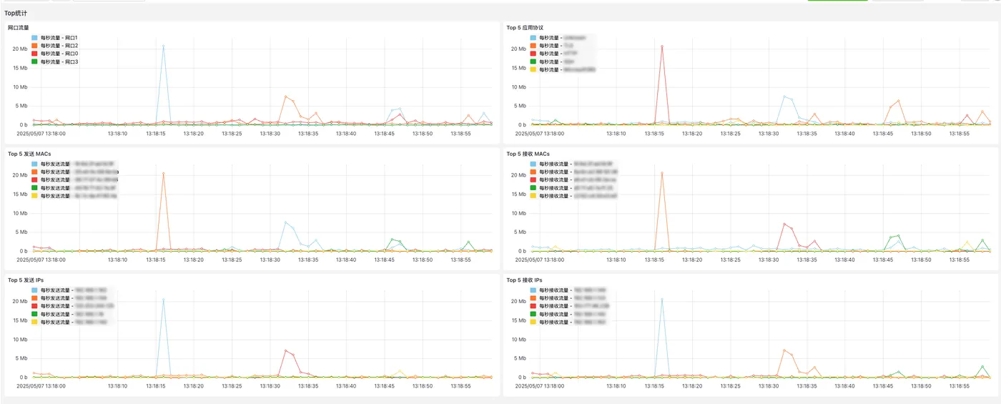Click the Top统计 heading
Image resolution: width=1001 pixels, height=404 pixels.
tap(17, 13)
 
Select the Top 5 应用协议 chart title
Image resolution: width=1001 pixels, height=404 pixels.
tap(525, 28)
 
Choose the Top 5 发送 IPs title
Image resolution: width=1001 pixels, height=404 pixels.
tap(26, 280)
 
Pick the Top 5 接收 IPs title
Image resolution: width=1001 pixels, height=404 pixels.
tap(524, 280)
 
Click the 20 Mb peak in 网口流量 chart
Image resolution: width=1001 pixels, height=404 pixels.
tap(163, 46)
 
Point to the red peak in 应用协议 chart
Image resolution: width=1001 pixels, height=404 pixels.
tap(662, 46)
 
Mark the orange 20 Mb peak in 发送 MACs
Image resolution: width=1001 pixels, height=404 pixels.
tap(163, 173)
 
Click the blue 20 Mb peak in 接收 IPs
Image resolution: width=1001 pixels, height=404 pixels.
tap(662, 299)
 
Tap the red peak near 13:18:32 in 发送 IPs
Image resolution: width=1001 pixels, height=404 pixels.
tap(285, 350)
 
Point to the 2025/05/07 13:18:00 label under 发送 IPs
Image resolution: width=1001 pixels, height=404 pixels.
tap(41, 385)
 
